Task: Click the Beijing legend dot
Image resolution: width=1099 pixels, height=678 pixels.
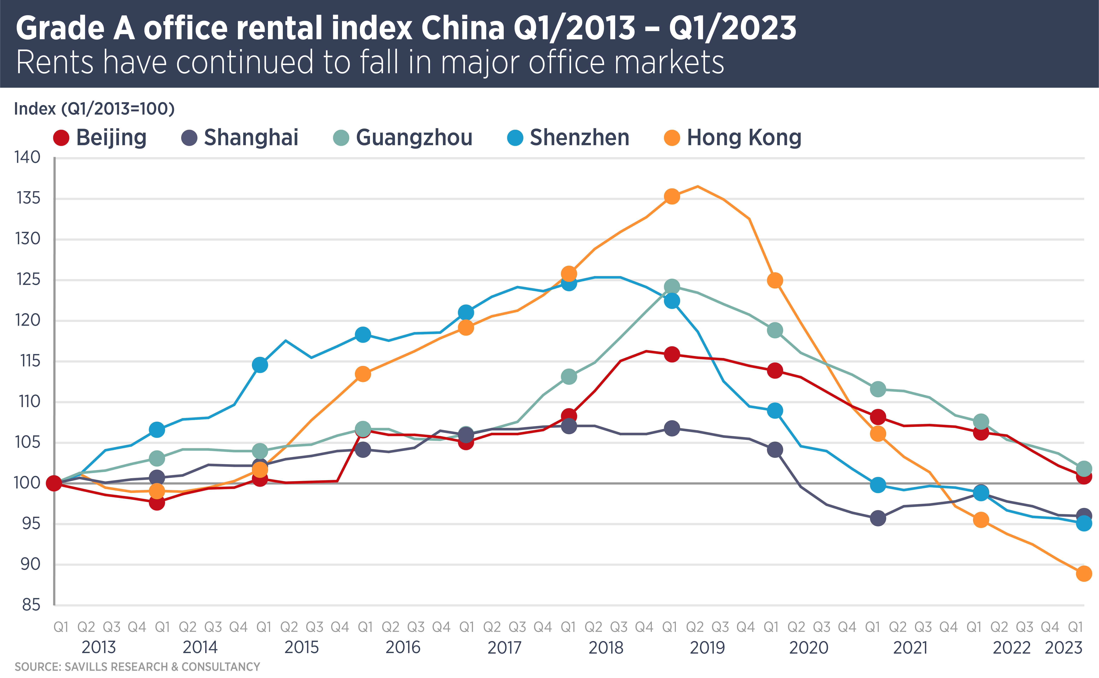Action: click(61, 138)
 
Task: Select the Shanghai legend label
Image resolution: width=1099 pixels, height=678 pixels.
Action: click(251, 138)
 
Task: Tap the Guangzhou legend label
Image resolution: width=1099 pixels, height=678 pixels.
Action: click(414, 138)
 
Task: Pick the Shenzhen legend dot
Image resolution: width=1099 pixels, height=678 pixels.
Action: click(515, 138)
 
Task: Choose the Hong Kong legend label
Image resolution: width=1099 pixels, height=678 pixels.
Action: click(744, 138)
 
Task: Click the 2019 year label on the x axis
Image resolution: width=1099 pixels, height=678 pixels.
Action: click(707, 648)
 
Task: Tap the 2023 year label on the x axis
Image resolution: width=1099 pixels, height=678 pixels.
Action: click(1064, 648)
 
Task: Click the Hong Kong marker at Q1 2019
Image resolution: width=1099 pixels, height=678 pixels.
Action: click(671, 196)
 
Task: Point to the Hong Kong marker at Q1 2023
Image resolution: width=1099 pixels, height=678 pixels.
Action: click(1084, 573)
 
